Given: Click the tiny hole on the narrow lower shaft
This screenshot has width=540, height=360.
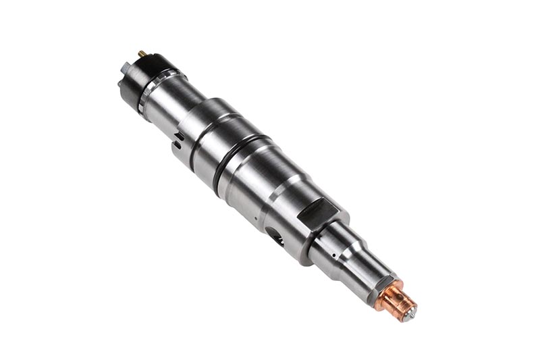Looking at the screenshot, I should pos(333,255).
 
